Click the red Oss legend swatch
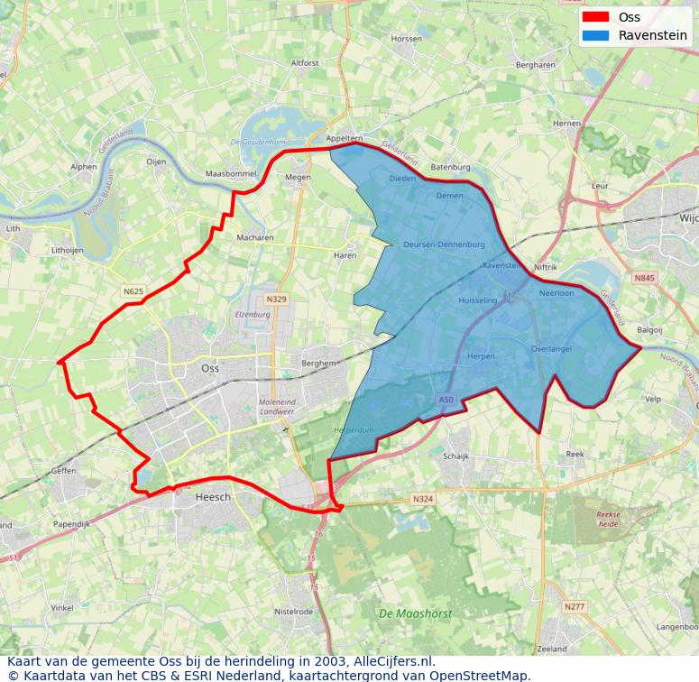point(595,17)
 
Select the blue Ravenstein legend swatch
point(595,35)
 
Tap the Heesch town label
point(213,497)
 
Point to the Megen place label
point(298,178)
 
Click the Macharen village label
point(255,238)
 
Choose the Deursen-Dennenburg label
point(444,244)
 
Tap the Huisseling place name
point(477,300)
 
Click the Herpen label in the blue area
point(481,356)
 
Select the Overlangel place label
point(551,349)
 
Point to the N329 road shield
point(276,299)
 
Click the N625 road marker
point(133,291)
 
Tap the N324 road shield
point(422,499)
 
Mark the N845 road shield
point(644,278)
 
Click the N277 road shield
point(575,607)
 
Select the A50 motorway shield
point(446,400)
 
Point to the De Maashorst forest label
point(415,613)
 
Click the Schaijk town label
point(455,456)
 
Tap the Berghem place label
point(318,363)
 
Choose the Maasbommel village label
point(231,173)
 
